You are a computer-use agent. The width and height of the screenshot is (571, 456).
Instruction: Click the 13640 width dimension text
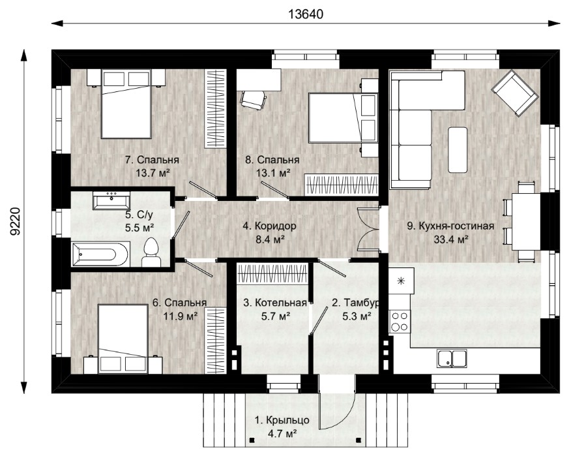306,14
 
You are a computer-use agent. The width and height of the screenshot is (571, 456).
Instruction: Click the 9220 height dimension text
15,221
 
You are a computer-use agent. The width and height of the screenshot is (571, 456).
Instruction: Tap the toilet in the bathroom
151,252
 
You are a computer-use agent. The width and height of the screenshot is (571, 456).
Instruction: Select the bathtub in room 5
100,254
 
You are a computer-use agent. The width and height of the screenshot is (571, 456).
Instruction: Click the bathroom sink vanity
111,200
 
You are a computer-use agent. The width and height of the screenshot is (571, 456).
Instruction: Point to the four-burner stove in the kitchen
400,321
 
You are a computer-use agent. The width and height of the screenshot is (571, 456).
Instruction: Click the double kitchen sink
452,357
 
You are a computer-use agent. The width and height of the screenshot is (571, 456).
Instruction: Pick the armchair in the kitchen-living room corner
515,94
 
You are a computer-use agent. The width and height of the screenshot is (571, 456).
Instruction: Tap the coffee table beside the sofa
458,149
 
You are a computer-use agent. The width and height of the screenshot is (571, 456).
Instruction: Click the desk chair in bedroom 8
253,99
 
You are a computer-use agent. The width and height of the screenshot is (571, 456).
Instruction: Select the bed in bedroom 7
126,104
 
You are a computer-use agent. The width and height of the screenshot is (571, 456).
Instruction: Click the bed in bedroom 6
123,339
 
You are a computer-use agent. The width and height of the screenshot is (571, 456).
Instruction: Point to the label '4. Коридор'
269,226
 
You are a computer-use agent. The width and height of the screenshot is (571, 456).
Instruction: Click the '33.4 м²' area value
451,239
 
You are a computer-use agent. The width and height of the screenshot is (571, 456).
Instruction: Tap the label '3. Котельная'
275,303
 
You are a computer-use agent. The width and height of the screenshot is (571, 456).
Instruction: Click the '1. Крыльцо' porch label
282,420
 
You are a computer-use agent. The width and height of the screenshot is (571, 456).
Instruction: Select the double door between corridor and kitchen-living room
368,228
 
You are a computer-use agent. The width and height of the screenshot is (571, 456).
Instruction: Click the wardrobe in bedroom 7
215,109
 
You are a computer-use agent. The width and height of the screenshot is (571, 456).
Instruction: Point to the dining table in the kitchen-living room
526,221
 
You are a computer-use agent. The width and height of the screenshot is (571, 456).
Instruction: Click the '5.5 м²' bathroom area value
139,228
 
